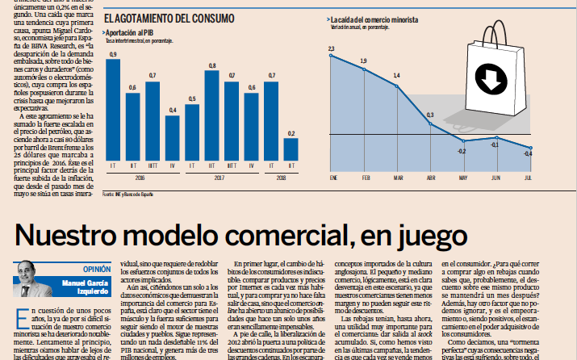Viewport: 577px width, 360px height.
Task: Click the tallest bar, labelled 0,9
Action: click(114, 109)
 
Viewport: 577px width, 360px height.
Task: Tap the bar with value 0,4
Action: click(172, 137)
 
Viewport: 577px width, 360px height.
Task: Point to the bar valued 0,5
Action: click(191, 132)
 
